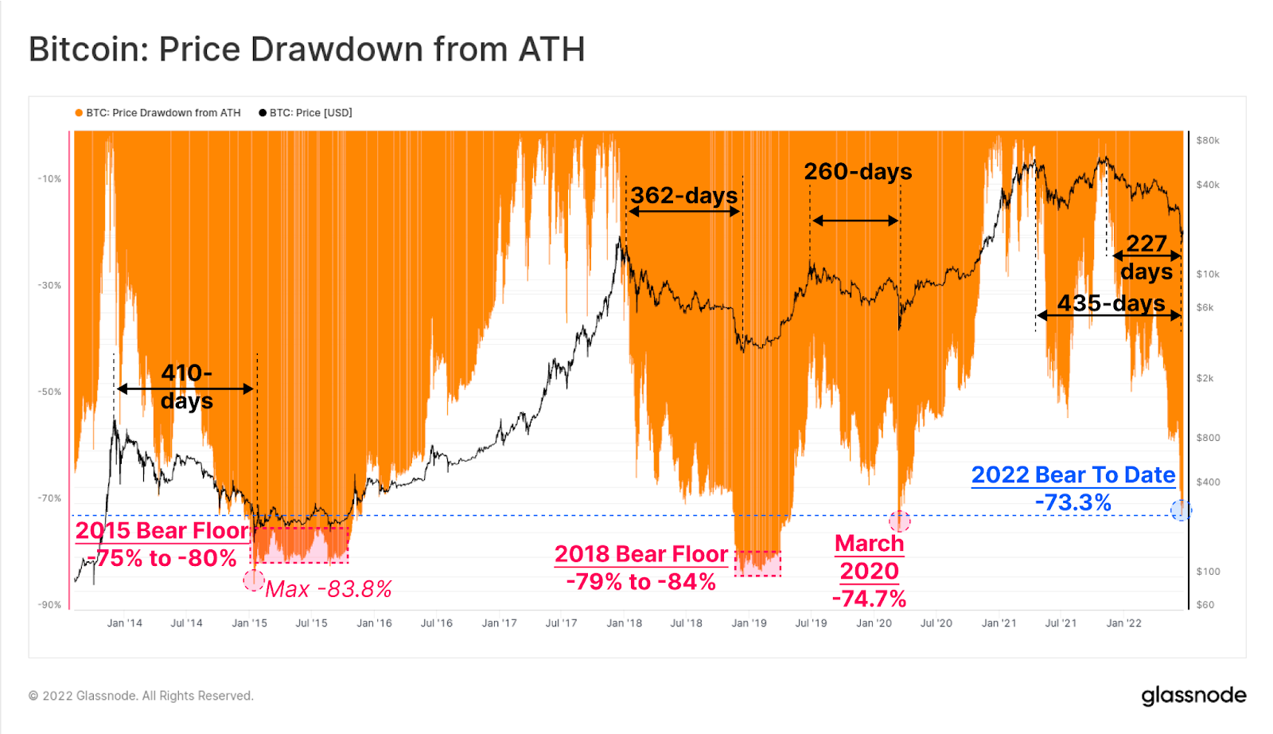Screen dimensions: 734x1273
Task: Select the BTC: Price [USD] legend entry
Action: point(306,113)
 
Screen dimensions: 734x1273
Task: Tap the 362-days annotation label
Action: point(684,195)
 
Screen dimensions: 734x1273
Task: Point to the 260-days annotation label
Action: point(858,171)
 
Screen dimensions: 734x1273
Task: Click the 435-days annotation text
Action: point(1111,303)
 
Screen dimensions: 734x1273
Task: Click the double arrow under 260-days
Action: point(855,221)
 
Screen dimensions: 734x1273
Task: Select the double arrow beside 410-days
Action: point(185,388)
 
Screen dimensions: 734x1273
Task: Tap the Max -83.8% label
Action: point(328,589)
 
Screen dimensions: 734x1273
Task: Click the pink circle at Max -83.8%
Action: point(254,580)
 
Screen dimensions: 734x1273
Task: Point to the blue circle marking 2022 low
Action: point(1181,510)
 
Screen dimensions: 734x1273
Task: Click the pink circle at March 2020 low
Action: point(900,521)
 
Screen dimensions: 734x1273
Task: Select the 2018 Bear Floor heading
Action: point(641,554)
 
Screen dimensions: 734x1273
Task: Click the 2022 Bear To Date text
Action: point(1073,475)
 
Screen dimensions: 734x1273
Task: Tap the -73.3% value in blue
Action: point(1073,502)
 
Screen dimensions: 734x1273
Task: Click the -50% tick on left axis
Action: point(49,392)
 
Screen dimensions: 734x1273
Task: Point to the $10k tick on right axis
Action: point(1207,274)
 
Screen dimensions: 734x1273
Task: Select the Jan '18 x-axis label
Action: point(624,623)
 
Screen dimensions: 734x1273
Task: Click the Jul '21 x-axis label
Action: point(1061,623)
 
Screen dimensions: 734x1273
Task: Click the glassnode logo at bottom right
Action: point(1193,696)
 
